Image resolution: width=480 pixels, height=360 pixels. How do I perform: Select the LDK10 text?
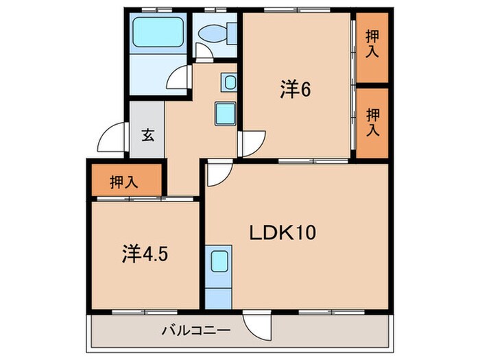point(281,233)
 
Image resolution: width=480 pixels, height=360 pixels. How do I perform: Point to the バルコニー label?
point(195,331)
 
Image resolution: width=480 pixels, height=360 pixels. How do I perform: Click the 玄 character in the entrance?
point(147,135)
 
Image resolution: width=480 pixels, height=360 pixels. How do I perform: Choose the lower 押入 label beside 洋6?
point(372,121)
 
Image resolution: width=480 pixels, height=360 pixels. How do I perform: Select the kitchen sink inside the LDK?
point(219,261)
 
